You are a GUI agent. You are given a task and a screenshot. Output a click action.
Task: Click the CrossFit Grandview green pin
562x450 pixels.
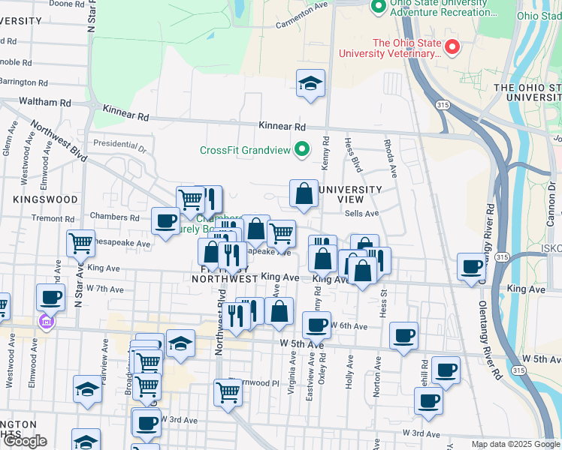click(302, 148)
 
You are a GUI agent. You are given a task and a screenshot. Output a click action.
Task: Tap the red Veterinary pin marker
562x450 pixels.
click(452, 46)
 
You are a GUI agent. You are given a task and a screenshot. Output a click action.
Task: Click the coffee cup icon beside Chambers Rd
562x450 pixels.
click(165, 220)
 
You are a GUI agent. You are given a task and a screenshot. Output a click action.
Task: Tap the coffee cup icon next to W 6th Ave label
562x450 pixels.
click(316, 325)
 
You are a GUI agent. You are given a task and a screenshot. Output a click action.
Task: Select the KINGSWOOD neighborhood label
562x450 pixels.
click(45, 199)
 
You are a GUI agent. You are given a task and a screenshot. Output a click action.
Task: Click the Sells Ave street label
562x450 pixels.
click(361, 213)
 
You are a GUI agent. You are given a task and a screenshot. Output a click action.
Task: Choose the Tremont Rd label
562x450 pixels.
click(50, 218)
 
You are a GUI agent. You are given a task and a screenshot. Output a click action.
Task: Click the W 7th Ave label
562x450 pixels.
click(104, 288)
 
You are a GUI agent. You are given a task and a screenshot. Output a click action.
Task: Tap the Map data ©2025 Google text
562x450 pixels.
click(515, 444)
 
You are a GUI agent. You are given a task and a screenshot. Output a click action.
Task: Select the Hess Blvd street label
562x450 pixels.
click(352, 154)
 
